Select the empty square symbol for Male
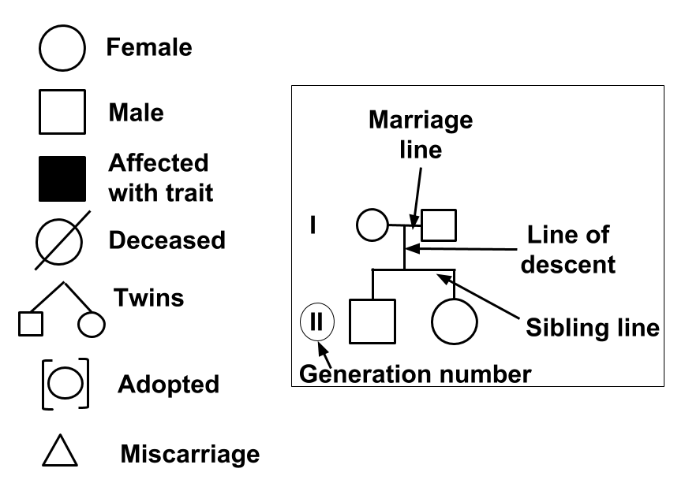(x=62, y=114)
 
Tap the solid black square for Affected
(x=62, y=180)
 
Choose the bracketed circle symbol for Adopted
(x=63, y=385)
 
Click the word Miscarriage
(x=189, y=454)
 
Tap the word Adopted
(x=168, y=385)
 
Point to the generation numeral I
(x=313, y=225)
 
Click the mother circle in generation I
(x=371, y=225)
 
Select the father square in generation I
(x=440, y=225)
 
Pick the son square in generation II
(x=372, y=322)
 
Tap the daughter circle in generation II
(x=455, y=322)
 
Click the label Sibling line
(x=593, y=328)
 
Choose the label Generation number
(x=414, y=373)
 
